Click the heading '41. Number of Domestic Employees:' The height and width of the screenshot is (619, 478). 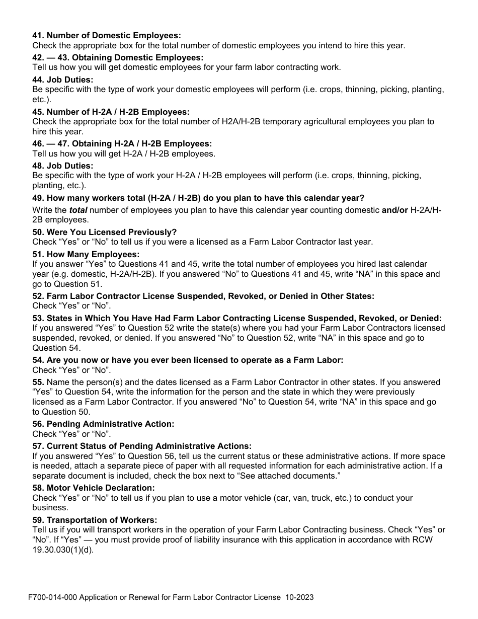click(x=106, y=36)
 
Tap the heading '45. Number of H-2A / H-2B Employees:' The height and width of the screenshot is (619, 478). click(x=111, y=112)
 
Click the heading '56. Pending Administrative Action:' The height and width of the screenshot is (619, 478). click(x=103, y=424)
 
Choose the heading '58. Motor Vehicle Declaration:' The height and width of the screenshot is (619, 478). click(x=94, y=488)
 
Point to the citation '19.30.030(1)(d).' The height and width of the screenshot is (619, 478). click(x=63, y=550)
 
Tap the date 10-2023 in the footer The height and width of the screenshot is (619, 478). click(x=299, y=597)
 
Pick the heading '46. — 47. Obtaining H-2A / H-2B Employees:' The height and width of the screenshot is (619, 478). click(x=122, y=143)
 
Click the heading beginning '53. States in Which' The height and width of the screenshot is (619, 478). click(x=236, y=318)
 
